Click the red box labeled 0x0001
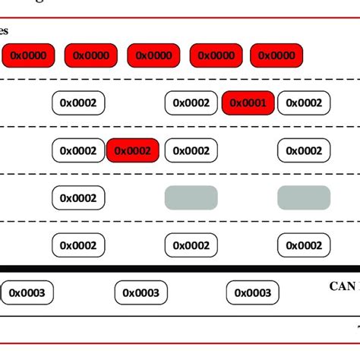[x=248, y=103]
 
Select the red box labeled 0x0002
[x=133, y=151]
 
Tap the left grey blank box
[x=191, y=197]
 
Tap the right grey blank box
[x=304, y=197]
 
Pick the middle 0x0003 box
[x=141, y=292]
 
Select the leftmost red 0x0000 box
[x=28, y=55]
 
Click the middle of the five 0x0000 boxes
[x=153, y=55]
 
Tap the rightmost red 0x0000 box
[x=276, y=55]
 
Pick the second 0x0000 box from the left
[x=91, y=55]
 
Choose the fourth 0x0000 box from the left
[x=215, y=55]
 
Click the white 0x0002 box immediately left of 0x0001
[x=191, y=103]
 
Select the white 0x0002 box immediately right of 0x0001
[x=304, y=103]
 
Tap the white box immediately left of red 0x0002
[x=78, y=151]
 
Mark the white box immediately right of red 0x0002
[x=191, y=151]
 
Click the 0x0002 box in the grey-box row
[x=78, y=198]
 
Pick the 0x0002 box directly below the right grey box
[x=304, y=245]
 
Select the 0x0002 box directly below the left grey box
[x=191, y=245]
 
